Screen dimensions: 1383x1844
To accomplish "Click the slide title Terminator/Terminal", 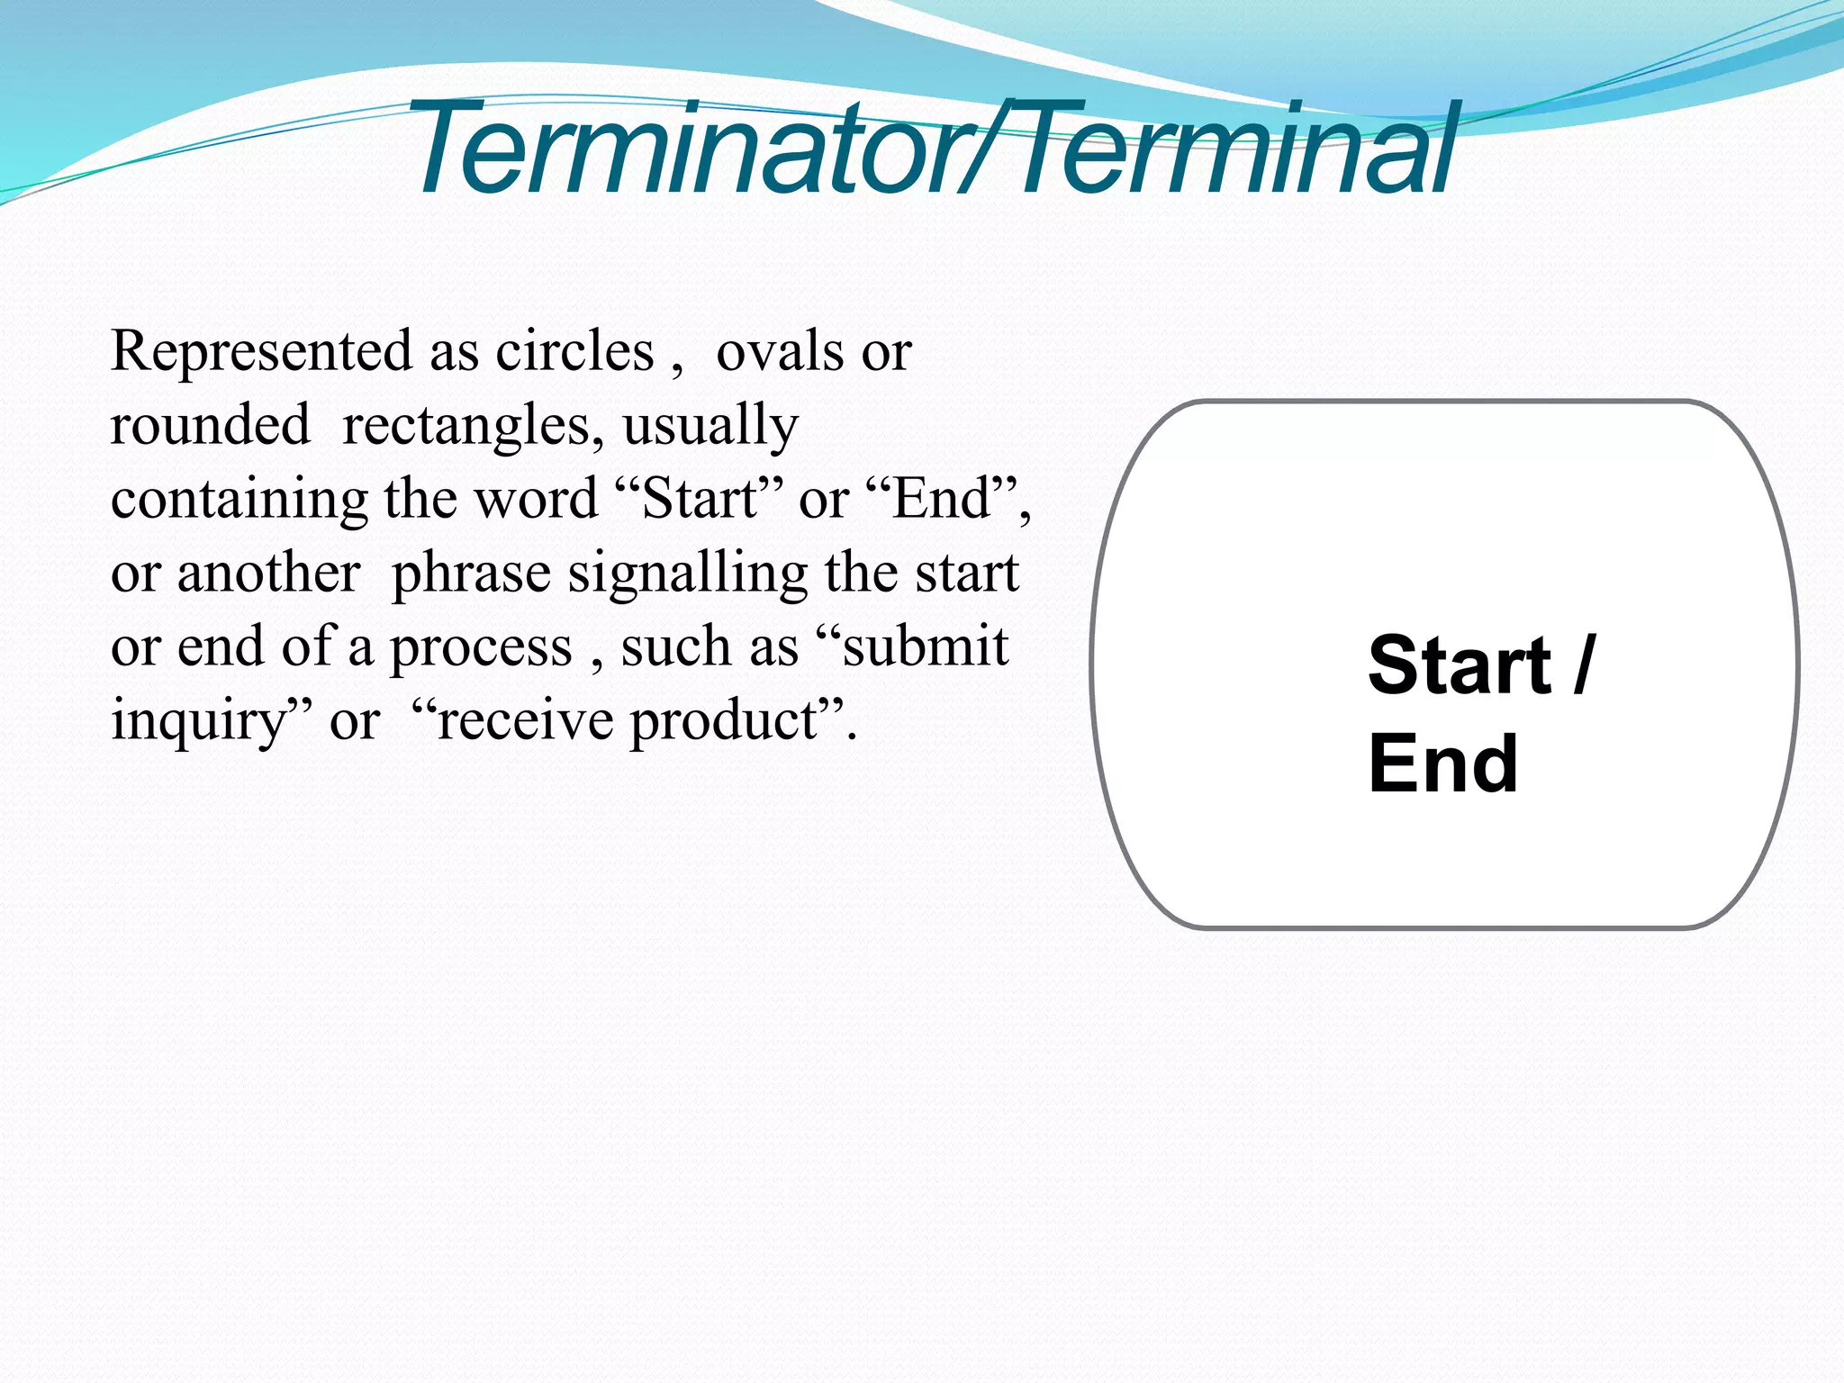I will point(932,149).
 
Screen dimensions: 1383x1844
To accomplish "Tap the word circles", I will point(574,351).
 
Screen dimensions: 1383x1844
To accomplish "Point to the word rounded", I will point(210,425).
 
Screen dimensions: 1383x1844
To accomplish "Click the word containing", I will point(240,500).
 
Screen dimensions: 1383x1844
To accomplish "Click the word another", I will point(268,574).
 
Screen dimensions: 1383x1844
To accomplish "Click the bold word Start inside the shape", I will point(1460,665).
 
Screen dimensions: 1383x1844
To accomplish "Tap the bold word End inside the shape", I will point(1442,764).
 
